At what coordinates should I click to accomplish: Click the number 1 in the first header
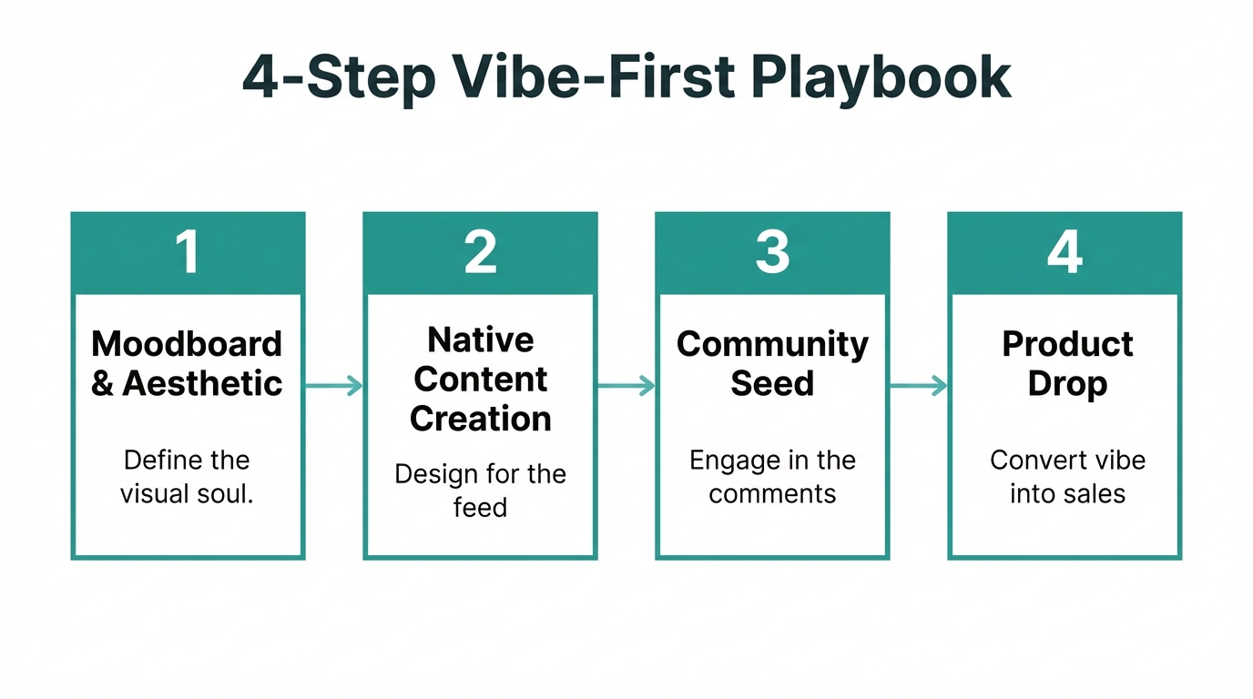pyautogui.click(x=188, y=252)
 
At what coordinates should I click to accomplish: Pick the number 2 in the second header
pyautogui.click(x=480, y=252)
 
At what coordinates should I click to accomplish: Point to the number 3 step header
pyautogui.click(x=772, y=252)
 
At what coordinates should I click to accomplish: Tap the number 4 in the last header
pyautogui.click(x=1065, y=252)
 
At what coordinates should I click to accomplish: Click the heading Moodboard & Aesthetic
pyautogui.click(x=188, y=363)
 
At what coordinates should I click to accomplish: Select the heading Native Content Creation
pyautogui.click(x=480, y=379)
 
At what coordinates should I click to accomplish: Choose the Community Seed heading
pyautogui.click(x=772, y=363)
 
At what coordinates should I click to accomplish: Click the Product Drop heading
pyautogui.click(x=1067, y=363)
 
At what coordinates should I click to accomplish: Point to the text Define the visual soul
pyautogui.click(x=188, y=476)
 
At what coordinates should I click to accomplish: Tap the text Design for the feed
pyautogui.click(x=480, y=491)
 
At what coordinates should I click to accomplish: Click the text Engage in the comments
pyautogui.click(x=772, y=476)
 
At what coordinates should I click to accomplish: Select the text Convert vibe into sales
pyautogui.click(x=1067, y=476)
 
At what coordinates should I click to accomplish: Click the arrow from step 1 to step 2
pyautogui.click(x=334, y=386)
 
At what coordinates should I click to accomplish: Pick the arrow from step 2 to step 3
pyautogui.click(x=626, y=386)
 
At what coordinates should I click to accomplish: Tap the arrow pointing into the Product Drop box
pyautogui.click(x=919, y=386)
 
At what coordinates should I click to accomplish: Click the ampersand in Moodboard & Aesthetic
pyautogui.click(x=103, y=384)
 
